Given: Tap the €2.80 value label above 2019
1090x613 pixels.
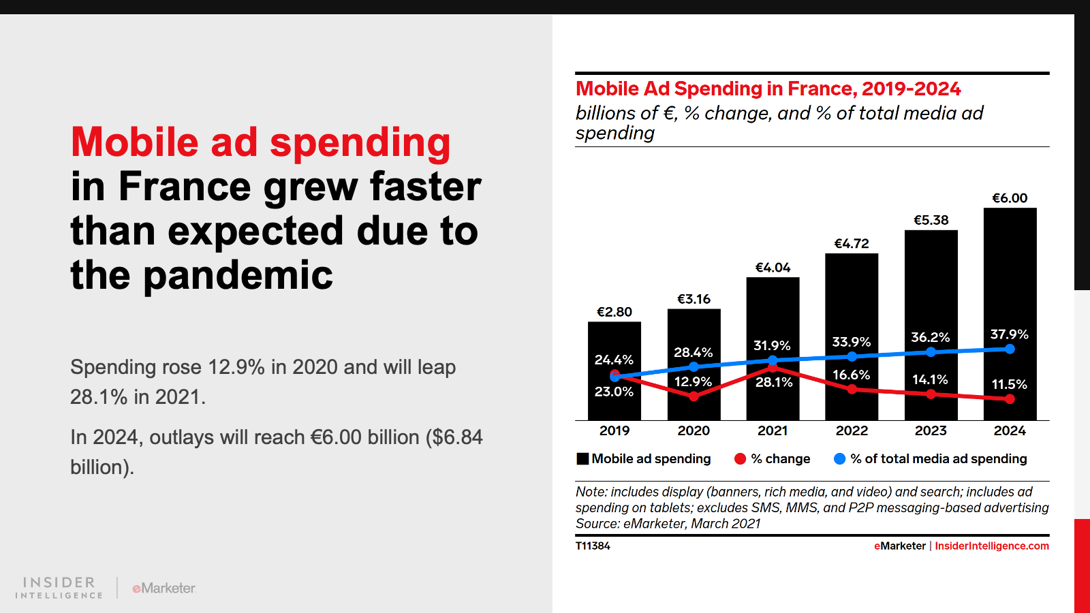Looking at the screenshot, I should [x=614, y=312].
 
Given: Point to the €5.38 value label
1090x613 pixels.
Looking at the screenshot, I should [x=931, y=220].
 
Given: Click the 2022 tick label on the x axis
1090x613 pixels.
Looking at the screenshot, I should [x=852, y=430].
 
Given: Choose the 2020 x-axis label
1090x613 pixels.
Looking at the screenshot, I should [x=694, y=430].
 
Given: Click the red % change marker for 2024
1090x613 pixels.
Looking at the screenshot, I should [x=1010, y=399].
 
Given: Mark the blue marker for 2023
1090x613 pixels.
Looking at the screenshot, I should [x=931, y=352].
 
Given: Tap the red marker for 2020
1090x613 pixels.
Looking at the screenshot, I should [x=694, y=396].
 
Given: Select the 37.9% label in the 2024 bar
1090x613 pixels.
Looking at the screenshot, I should [x=1009, y=334].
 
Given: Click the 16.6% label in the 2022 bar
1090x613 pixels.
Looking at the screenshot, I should [x=851, y=375].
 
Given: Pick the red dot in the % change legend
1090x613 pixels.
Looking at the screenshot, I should [x=740, y=459].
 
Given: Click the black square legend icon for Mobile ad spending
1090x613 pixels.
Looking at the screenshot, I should [x=582, y=459].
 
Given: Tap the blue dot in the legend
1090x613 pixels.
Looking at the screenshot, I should [x=839, y=459].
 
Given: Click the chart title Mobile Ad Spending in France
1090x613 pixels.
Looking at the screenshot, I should [x=768, y=89].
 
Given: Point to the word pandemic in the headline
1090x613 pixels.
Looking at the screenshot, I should [x=238, y=275].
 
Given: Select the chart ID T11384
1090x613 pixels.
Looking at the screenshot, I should [x=593, y=546].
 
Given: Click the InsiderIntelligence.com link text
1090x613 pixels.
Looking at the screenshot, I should [x=991, y=546].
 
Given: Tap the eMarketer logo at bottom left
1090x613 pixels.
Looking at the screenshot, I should [x=164, y=588].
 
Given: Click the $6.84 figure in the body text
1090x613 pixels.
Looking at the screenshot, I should [x=456, y=437].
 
